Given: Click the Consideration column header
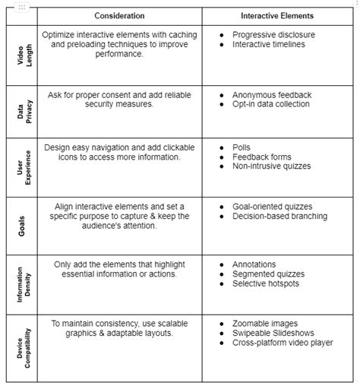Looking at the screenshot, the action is pos(119,15).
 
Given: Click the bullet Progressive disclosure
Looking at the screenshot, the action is pos(273,34).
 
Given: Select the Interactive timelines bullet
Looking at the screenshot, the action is pos(270,44).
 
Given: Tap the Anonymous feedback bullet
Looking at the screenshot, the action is pos(271,94).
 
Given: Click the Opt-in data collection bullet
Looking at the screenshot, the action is pos(270,104).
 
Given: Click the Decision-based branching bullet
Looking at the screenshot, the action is pos(279,216).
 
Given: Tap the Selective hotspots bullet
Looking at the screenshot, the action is pos(267,284).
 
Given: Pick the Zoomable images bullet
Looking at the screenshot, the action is pos(265,323).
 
